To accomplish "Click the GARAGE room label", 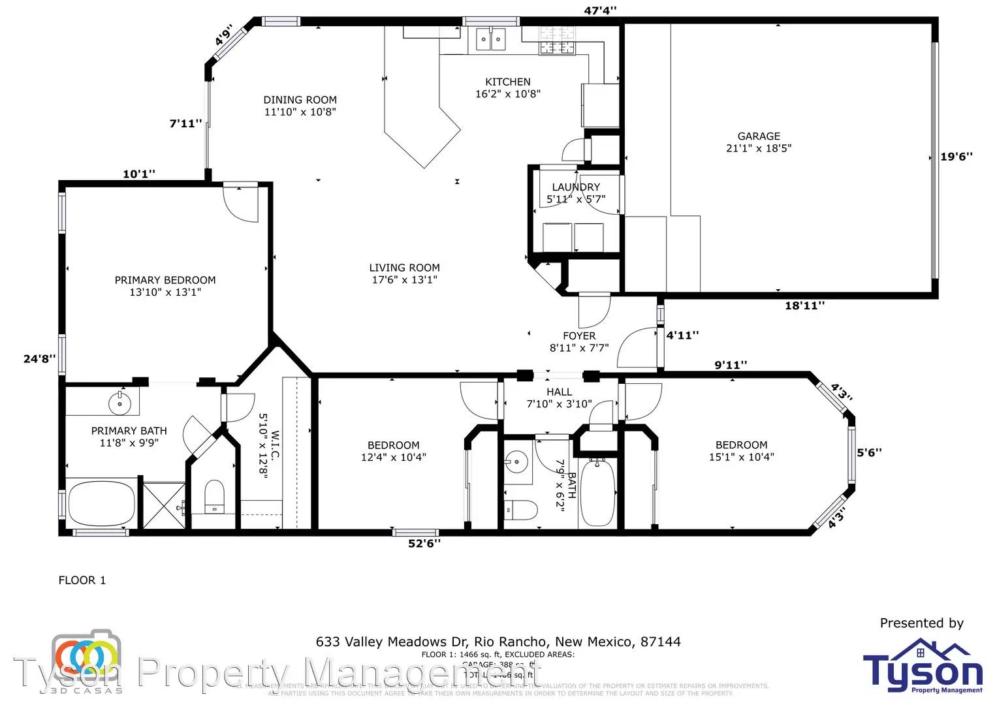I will click(758, 136).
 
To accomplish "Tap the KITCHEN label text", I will click(507, 82).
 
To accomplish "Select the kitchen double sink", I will click(490, 39).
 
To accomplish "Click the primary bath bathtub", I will click(101, 504).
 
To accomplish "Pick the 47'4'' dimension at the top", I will click(599, 10).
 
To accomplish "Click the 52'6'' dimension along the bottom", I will click(424, 543).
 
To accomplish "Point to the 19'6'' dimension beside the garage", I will click(956, 157).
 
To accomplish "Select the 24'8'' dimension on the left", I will click(39, 358).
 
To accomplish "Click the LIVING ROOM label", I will click(404, 268).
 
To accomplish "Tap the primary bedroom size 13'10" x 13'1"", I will click(165, 292).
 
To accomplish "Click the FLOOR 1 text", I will click(82, 580).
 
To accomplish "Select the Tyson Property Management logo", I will click(922, 666).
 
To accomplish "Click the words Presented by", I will click(921, 623).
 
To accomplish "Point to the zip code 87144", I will click(660, 642).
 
